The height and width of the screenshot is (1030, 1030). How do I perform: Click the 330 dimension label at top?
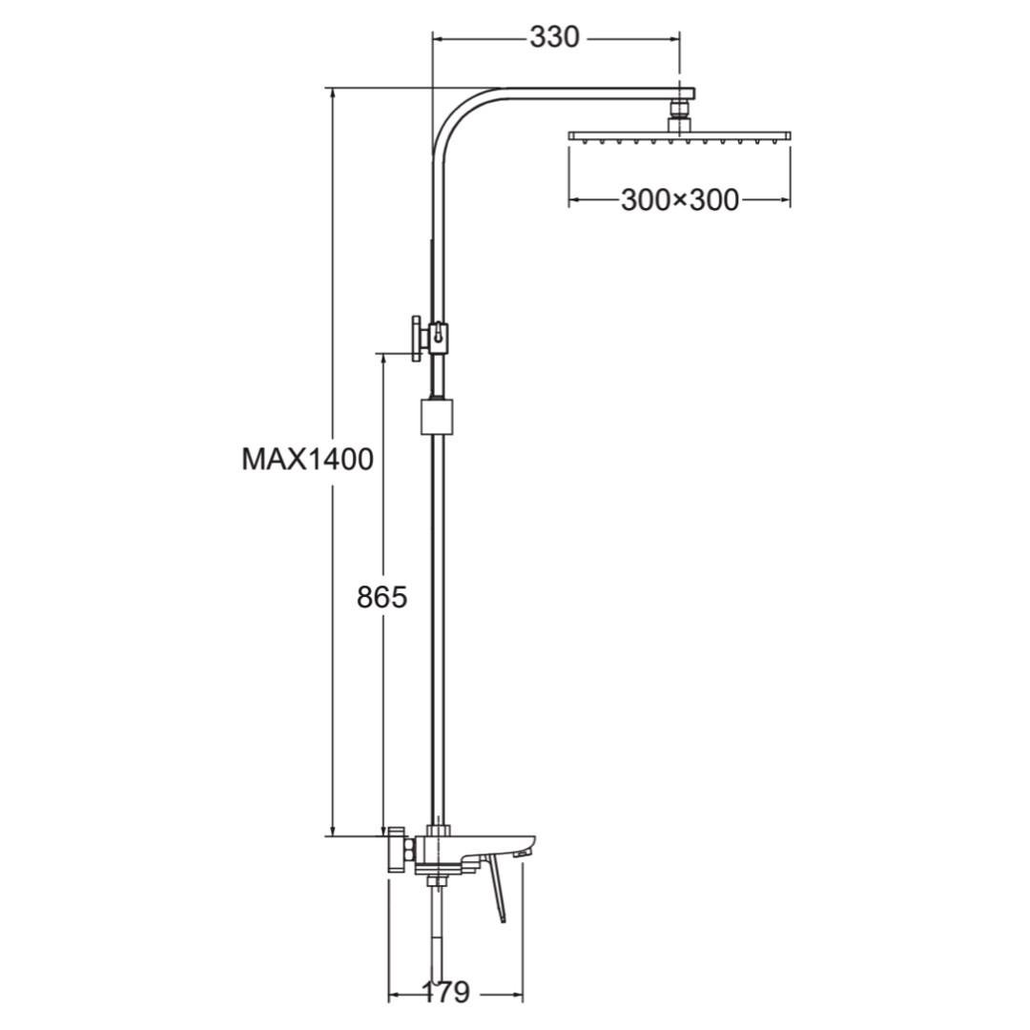pos(555,37)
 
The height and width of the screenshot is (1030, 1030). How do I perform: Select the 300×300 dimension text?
pos(679,199)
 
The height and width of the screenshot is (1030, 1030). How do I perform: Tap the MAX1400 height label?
pos(307,459)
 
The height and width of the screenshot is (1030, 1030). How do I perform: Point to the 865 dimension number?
pos(382,597)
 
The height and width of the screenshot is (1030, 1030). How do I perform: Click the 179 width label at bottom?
pos(444,991)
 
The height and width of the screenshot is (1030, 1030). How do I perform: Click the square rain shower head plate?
pos(679,136)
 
